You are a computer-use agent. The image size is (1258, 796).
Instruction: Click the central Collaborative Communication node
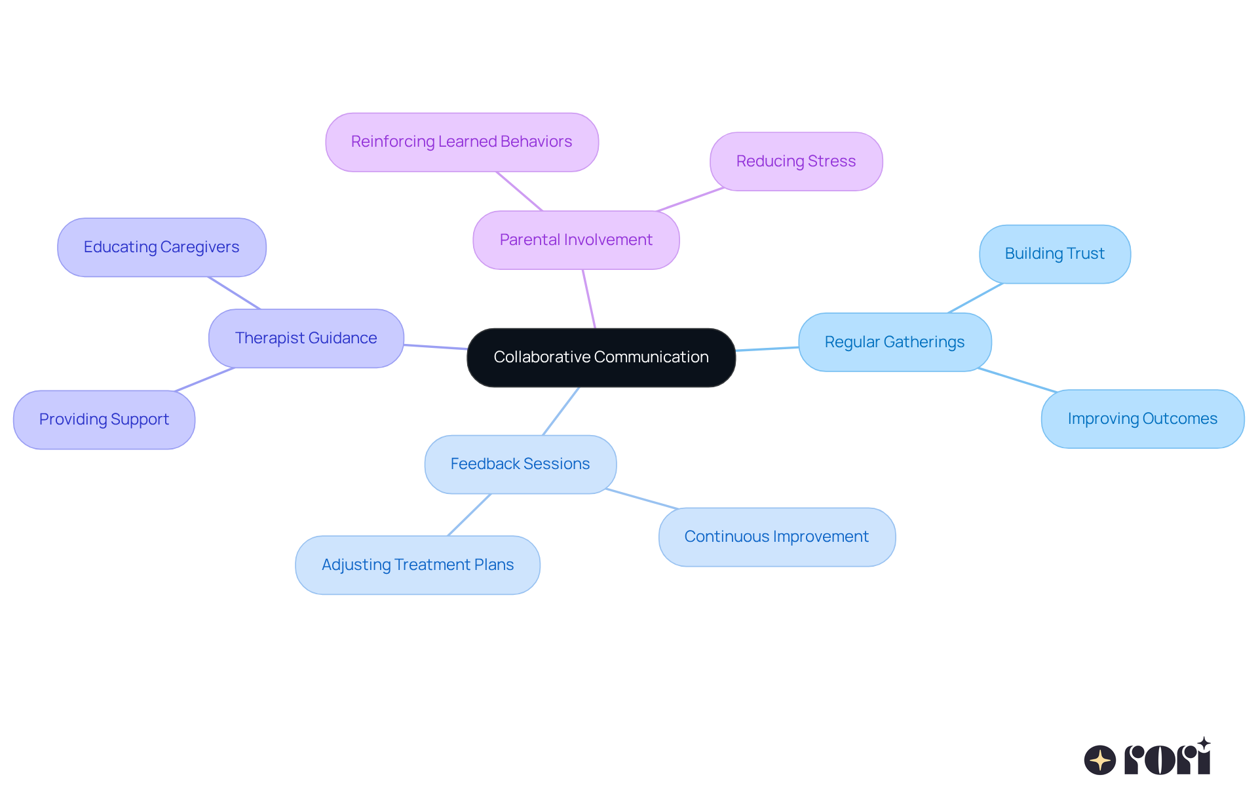tap(601, 358)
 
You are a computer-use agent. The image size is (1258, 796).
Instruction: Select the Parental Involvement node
tap(576, 240)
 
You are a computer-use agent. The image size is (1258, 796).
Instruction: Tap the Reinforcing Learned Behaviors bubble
tap(462, 142)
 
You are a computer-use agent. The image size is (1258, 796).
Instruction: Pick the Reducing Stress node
tap(796, 162)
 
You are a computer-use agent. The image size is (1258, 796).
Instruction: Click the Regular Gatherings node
tap(894, 342)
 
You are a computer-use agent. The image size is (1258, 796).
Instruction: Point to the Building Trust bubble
tap(1055, 254)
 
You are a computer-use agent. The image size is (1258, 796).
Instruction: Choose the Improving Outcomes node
tap(1143, 419)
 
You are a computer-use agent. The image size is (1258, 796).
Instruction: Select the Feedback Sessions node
tap(520, 464)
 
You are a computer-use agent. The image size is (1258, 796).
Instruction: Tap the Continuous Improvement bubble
tap(776, 537)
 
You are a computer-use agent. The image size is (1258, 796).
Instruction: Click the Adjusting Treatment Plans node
tap(417, 565)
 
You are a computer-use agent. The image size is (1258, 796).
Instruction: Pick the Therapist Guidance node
tap(306, 339)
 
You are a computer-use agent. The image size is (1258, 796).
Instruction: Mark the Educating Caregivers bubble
tap(162, 248)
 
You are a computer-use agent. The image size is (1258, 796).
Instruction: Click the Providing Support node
tap(104, 420)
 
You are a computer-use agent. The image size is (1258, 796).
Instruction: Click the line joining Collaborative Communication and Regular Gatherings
tap(767, 349)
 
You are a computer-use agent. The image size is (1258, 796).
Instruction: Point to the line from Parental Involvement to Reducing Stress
tap(690, 200)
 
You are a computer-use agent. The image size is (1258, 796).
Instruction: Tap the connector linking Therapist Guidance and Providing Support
tap(204, 380)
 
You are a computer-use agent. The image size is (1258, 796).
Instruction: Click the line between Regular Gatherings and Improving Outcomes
tap(1017, 380)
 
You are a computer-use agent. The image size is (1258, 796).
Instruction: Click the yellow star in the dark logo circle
tap(1100, 760)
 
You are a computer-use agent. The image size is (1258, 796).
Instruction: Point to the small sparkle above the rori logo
tap(1204, 743)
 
